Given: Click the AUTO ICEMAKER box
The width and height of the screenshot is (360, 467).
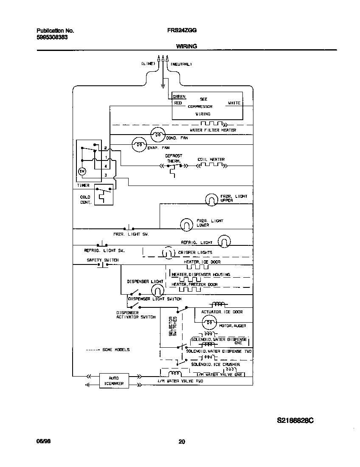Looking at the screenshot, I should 114,380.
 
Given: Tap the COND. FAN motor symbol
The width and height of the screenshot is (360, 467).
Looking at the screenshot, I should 158,135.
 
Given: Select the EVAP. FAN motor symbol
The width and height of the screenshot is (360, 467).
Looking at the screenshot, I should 138,145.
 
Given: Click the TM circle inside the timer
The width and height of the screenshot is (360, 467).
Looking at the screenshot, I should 82,171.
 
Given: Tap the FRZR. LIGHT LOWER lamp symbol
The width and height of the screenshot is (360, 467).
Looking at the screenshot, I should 186,225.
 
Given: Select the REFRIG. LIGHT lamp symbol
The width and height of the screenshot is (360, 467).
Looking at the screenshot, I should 224,241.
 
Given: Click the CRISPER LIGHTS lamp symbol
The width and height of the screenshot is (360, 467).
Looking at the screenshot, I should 168,253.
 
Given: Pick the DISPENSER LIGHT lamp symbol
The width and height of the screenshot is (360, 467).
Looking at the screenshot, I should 157,290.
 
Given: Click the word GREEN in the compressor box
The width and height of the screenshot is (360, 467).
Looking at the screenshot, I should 179,97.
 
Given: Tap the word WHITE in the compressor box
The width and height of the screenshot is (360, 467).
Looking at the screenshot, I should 234,103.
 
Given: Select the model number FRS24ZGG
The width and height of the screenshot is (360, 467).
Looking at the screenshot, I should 182,31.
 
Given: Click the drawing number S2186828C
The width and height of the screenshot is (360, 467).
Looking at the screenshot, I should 295,420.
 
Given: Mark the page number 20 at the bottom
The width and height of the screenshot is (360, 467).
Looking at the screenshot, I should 182,442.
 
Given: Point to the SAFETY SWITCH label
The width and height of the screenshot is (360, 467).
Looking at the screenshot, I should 103,260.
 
